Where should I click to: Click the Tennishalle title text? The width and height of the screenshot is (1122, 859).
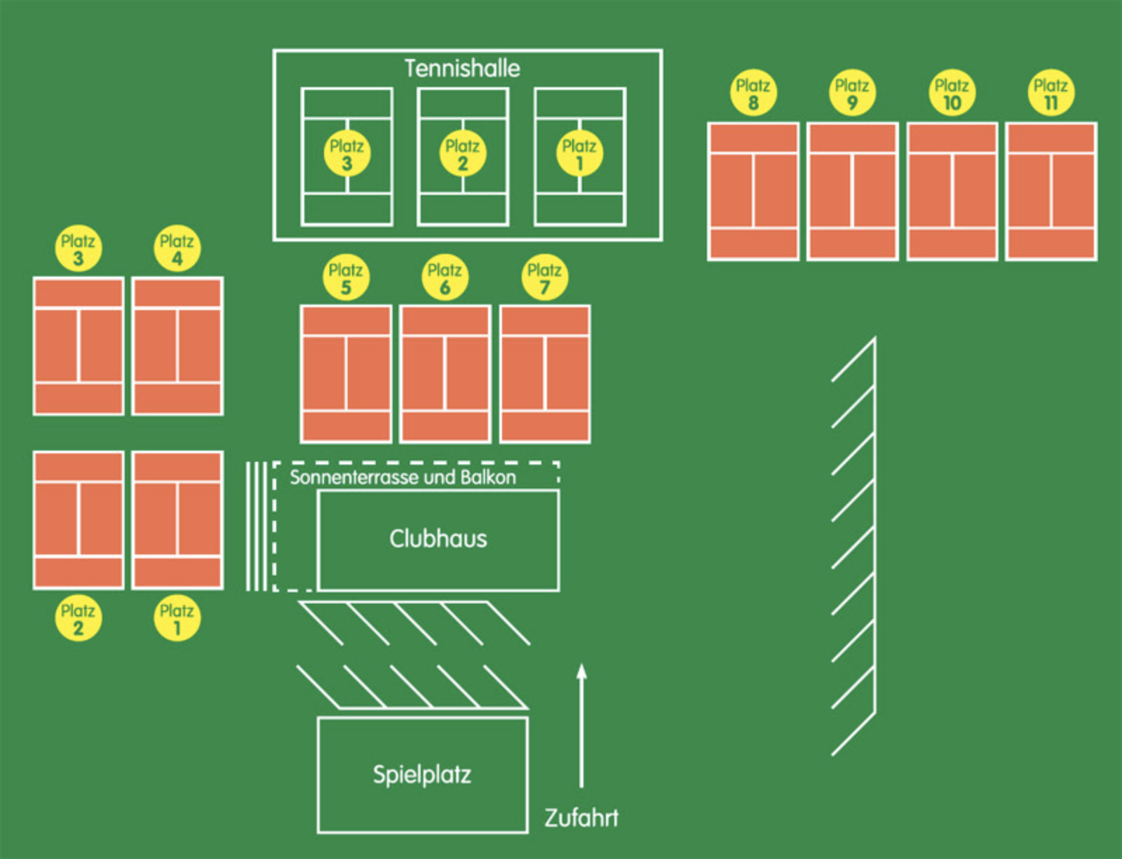click(462, 68)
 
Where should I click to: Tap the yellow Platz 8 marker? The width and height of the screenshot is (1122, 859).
click(753, 93)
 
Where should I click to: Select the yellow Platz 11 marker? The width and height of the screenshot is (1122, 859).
click(1050, 93)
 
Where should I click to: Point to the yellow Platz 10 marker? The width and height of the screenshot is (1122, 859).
click(952, 93)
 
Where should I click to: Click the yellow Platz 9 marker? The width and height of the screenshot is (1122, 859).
click(852, 93)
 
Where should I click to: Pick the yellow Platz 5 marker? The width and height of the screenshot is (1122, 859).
click(346, 278)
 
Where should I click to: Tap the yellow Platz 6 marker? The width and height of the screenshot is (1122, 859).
click(445, 278)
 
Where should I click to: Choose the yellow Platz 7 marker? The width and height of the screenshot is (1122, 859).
click(544, 278)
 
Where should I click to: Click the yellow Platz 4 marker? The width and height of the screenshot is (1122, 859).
click(177, 248)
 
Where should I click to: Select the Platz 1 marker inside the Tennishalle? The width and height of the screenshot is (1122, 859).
click(579, 154)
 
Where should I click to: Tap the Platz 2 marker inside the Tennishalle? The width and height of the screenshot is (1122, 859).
click(462, 154)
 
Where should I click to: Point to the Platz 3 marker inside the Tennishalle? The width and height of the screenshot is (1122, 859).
click(346, 154)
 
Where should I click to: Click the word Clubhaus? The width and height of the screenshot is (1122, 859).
click(438, 538)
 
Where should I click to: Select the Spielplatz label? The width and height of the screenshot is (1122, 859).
click(421, 774)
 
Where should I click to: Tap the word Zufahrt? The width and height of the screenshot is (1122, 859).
click(581, 818)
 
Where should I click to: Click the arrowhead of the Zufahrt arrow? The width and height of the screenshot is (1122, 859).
click(581, 672)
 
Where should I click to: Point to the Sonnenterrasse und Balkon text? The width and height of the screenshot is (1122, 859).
click(403, 477)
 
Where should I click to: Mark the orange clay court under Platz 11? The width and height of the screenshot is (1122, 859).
click(1050, 192)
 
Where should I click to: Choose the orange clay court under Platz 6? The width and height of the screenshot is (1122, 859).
click(445, 374)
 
